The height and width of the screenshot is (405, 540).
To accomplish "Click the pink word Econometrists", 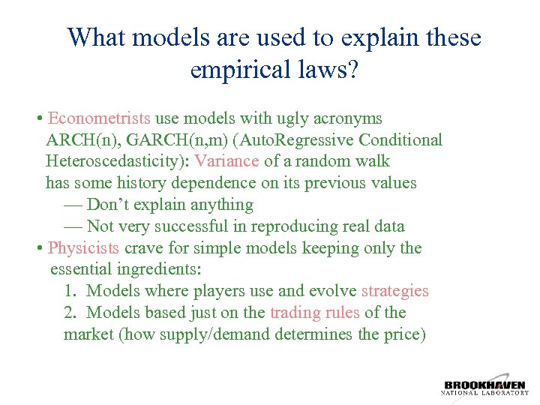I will (99, 118).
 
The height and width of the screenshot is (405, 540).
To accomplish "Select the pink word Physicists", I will (83, 248).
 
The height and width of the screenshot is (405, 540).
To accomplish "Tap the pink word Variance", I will (226, 161).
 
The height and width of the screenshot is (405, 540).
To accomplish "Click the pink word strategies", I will (394, 291).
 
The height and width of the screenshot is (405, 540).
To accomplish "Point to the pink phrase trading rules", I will (314, 313).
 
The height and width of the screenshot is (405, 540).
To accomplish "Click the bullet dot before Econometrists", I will (38, 119).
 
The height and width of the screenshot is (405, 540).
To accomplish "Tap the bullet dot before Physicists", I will (38, 249).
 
